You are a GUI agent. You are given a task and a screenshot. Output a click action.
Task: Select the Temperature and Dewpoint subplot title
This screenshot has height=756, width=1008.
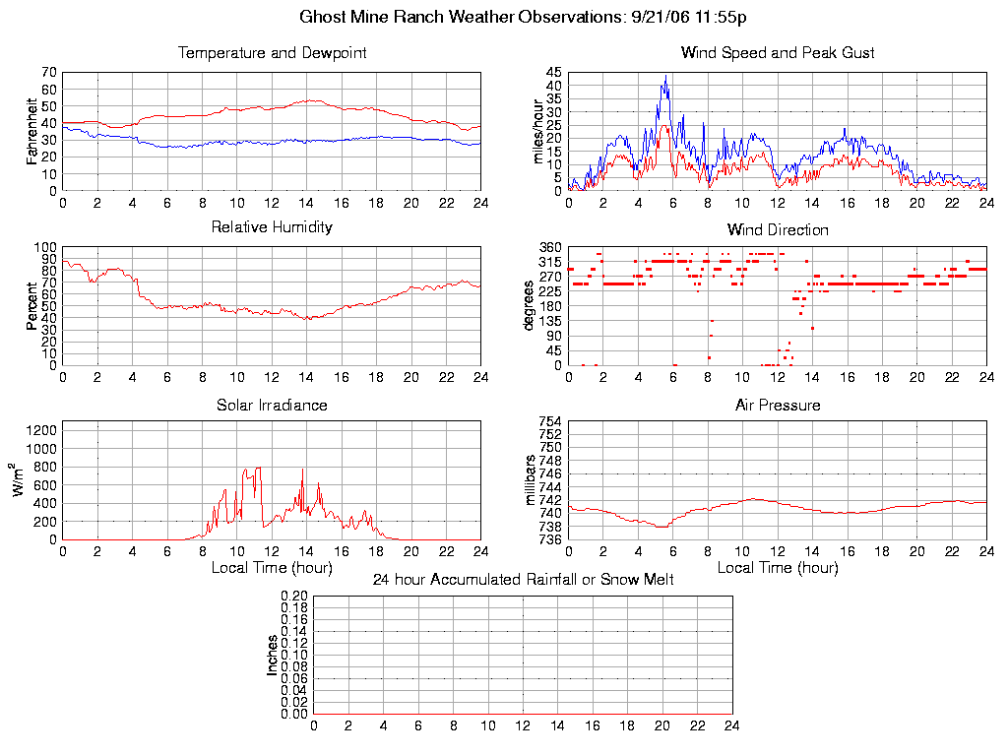click(x=272, y=53)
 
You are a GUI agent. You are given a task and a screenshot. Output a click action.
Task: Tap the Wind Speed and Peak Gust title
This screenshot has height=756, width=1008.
click(x=778, y=53)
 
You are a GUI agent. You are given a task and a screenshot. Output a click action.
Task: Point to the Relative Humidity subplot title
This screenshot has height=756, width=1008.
click(x=272, y=227)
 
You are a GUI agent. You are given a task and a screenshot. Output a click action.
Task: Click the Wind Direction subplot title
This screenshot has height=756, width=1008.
click(x=778, y=230)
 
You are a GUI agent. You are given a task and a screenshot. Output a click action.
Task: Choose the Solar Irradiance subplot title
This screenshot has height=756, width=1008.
click(x=272, y=406)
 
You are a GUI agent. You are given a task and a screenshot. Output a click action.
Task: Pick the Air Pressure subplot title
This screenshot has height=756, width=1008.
click(x=778, y=406)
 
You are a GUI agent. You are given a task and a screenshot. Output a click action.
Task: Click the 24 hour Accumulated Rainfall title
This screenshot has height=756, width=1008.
click(x=523, y=580)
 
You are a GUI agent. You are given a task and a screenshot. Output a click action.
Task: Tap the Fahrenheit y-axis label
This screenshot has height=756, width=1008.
click(x=32, y=131)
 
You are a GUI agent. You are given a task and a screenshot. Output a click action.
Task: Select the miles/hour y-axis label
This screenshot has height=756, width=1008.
click(x=538, y=131)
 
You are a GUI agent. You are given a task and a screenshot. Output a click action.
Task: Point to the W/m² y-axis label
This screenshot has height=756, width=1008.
click(x=19, y=480)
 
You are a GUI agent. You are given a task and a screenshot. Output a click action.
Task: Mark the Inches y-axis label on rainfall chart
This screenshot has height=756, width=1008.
click(x=272, y=655)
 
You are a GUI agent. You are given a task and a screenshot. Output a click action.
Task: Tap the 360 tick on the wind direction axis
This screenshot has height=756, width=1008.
click(x=549, y=247)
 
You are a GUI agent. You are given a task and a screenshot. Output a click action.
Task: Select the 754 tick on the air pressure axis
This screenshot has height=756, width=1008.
click(x=549, y=421)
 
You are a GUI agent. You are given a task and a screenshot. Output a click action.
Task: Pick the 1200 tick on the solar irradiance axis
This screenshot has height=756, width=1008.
click(x=42, y=430)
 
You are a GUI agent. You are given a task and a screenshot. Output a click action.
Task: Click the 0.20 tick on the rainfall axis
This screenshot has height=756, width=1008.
click(x=294, y=597)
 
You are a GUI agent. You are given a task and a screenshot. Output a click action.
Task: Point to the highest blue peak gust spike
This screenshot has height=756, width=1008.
click(x=665, y=76)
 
